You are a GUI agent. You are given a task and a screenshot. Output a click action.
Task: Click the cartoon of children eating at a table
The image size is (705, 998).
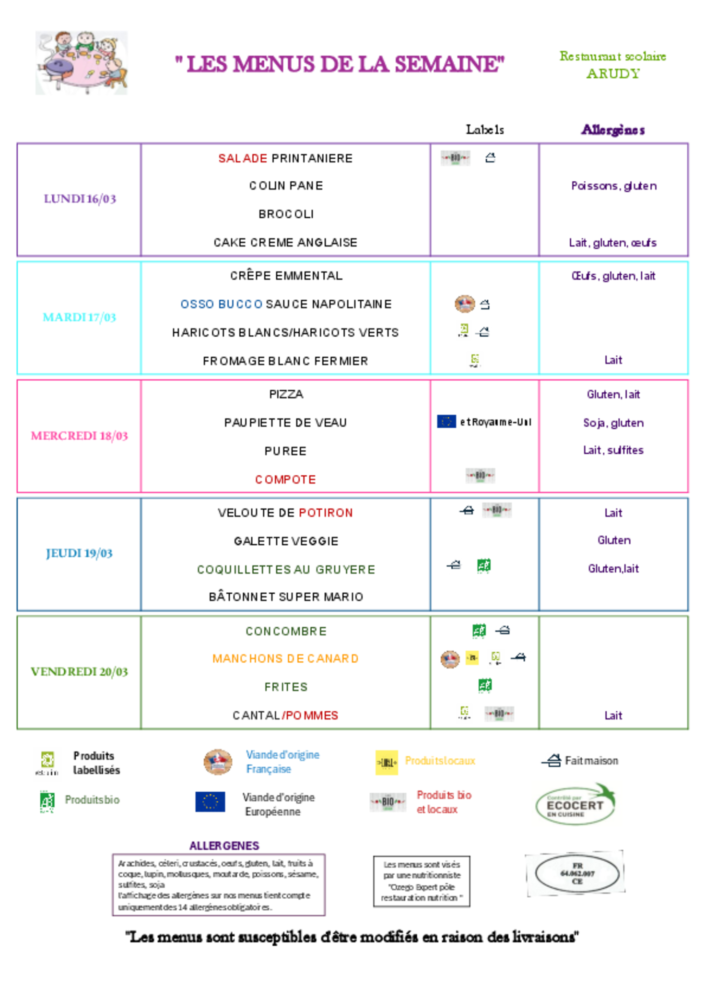coord(82,63)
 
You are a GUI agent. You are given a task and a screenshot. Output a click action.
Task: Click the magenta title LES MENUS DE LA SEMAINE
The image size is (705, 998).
coord(340,64)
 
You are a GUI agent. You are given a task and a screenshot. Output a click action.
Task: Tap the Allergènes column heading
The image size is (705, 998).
coord(613,129)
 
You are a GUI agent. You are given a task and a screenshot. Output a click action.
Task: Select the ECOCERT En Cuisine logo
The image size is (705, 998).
coord(576,804)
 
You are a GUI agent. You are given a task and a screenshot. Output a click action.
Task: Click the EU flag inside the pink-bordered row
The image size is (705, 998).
coord(446,421)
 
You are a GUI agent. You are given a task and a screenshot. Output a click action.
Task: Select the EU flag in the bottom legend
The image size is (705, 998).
coord(210,801)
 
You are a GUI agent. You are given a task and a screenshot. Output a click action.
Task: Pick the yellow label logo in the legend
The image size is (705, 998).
coord(387,763)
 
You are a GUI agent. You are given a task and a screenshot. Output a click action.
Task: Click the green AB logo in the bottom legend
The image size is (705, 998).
coord(47,801)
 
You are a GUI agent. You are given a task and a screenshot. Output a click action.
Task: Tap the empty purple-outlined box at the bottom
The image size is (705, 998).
coord(219,885)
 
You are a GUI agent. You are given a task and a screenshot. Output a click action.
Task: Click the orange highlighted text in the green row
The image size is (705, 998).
coord(285,658)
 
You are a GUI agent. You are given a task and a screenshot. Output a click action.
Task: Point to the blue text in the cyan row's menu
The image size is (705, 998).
coord(221,304)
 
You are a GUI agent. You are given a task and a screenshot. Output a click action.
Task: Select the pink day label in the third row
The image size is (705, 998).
coord(80,436)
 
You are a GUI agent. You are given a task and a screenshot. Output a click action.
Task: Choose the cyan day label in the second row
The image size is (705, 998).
coord(80,317)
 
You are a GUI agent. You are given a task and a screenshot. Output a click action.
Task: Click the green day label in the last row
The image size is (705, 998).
coord(80,672)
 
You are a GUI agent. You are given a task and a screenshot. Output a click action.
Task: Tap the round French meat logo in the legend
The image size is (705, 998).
coord(218,762)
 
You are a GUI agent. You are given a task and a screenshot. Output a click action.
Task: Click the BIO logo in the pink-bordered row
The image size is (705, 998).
coord(480,476)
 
